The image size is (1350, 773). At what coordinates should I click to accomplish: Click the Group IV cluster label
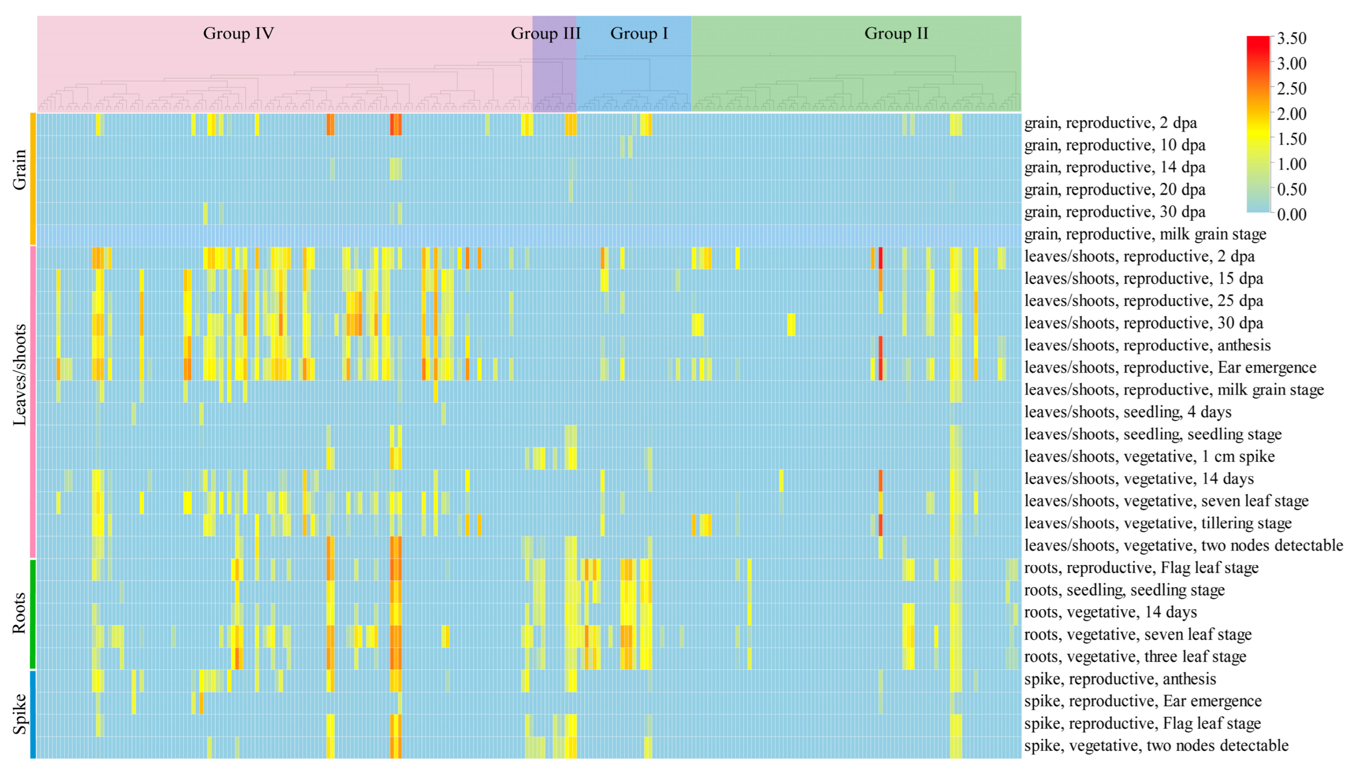tap(238, 33)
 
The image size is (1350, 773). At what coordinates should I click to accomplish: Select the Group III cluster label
tap(545, 33)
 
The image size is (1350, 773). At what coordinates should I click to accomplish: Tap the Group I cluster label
tap(639, 33)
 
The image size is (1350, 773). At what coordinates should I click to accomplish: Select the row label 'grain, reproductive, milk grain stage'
tap(1145, 234)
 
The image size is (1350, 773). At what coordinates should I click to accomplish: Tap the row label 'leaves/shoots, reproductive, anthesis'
tap(1147, 345)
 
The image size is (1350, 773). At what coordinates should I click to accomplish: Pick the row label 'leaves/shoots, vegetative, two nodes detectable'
tap(1183, 546)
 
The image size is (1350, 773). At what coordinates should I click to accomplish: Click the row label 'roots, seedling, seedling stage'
tap(1124, 590)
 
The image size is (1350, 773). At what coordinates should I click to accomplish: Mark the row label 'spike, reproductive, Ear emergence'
tap(1142, 701)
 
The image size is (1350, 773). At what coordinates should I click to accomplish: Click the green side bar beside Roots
tap(33, 614)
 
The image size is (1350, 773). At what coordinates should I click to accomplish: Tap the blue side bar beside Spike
tap(33, 714)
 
